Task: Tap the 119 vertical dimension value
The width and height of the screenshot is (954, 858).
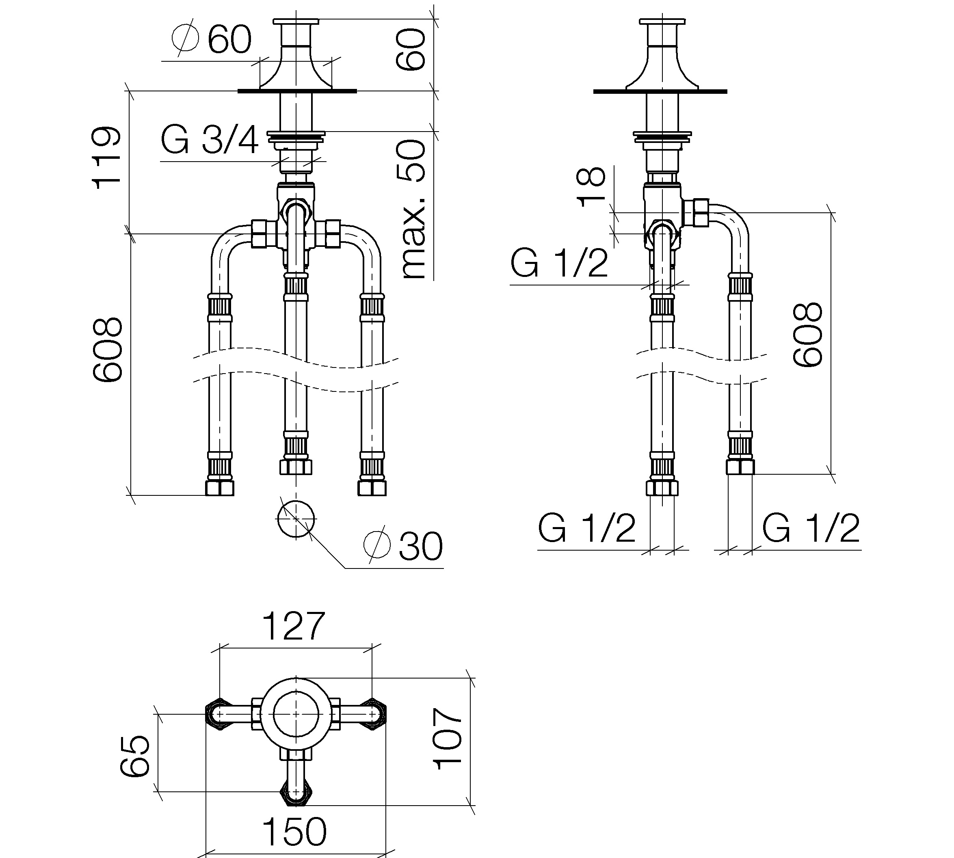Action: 106,158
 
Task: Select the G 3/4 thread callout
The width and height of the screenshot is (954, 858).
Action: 210,140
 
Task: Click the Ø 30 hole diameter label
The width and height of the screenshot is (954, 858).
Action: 403,545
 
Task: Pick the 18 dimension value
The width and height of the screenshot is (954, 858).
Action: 591,187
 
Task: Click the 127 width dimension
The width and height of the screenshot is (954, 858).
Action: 293,626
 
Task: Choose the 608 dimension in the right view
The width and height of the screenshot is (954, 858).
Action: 807,334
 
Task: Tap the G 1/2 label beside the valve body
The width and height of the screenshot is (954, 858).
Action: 559,263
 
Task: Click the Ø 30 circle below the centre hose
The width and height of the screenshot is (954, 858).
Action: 295,519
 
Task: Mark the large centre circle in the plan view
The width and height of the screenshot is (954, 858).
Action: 296,714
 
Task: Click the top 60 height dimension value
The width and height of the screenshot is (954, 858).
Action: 410,50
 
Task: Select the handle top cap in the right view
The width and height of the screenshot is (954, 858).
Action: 662,21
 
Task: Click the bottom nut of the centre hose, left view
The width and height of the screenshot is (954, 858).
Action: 296,467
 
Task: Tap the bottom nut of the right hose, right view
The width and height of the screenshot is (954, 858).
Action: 740,467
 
